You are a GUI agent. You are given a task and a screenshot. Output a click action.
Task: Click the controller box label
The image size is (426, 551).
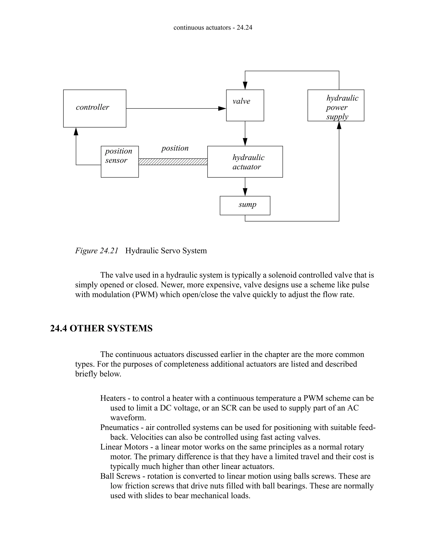tap(92, 107)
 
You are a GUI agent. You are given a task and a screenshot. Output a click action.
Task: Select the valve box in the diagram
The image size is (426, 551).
tap(245, 105)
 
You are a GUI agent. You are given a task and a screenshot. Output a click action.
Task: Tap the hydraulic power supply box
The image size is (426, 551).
tap(336, 105)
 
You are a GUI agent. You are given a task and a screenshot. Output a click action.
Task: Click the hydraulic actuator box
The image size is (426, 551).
tap(245, 162)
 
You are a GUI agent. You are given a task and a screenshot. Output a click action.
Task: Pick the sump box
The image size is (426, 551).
tap(245, 205)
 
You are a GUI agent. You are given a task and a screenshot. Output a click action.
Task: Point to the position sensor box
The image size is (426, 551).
tap(120, 162)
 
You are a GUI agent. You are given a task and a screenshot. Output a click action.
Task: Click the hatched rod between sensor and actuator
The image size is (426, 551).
tap(173, 162)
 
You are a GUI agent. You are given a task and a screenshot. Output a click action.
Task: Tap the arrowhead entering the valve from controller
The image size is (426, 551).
tap(222, 109)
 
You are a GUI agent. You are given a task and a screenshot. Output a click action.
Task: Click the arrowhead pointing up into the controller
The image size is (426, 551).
tap(76, 131)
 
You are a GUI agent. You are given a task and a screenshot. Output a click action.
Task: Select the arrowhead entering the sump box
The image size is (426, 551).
tap(245, 192)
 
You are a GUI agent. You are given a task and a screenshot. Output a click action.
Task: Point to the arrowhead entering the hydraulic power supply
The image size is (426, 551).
tap(339, 125)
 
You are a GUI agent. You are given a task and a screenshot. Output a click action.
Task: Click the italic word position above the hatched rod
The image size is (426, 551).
tap(175, 148)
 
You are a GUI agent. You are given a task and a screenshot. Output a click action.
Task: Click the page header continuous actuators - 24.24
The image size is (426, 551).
tap(213, 27)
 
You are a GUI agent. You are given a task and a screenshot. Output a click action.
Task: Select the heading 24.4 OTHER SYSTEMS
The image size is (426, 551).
tap(101, 328)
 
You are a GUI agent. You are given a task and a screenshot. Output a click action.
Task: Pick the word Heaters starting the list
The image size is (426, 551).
tap(113, 398)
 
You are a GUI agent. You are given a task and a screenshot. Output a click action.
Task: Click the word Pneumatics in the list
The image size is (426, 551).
tap(119, 427)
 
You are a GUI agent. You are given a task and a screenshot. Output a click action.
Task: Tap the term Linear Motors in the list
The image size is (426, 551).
tap(124, 447)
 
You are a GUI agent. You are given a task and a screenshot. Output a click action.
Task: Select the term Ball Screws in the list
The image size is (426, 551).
tap(120, 476)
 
